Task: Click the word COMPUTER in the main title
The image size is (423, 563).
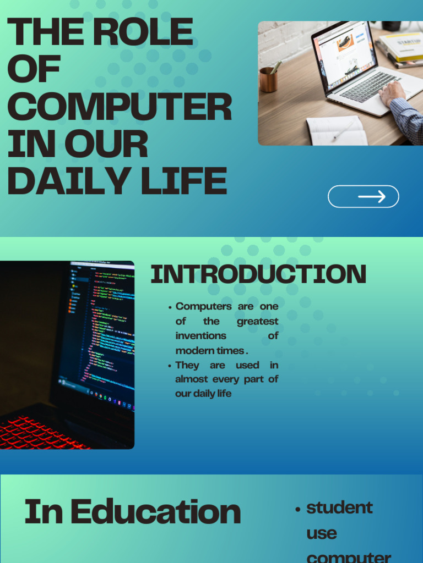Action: tap(119, 107)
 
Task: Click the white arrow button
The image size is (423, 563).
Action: tap(364, 196)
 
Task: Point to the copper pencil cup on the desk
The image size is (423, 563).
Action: tap(268, 80)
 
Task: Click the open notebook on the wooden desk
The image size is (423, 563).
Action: tap(337, 131)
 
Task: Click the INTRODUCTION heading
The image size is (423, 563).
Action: tap(258, 274)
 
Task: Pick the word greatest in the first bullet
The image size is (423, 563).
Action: tap(257, 321)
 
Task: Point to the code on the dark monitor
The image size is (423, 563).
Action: tap(107, 330)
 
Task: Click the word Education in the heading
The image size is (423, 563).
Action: tap(156, 512)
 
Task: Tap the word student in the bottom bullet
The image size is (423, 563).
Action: tap(339, 507)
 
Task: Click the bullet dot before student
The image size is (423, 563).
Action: tap(298, 509)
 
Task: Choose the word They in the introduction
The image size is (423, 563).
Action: tap(187, 365)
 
